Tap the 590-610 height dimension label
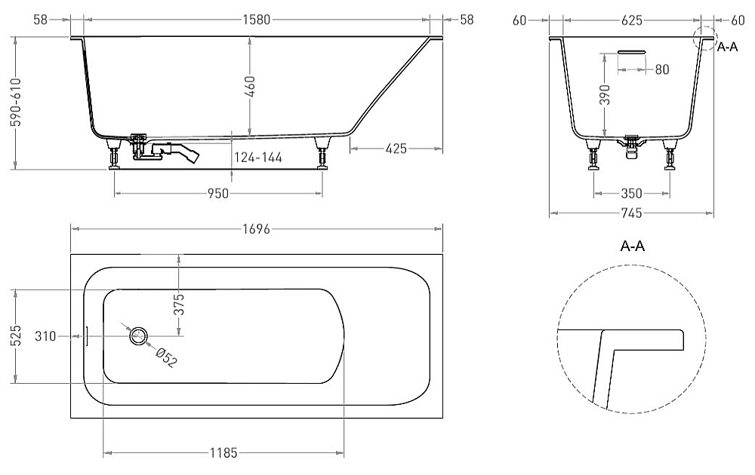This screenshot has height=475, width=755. pos(17,102)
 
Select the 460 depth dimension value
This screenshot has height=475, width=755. pos(250,86)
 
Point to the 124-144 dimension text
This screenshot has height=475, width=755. pos(258,158)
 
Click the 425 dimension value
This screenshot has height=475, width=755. pos(396,149)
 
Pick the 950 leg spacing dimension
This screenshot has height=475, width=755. pos(217,193)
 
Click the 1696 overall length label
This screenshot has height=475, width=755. pos(257,229)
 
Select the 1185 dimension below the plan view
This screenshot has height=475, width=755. pos(223,452)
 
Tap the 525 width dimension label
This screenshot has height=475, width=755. pos(16,336)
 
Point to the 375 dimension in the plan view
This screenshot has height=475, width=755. pos(179,304)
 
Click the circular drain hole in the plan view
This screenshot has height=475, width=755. pos(138,335)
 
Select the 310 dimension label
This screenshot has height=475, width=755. pos(45,336)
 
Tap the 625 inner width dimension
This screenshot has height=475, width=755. pos(632,20)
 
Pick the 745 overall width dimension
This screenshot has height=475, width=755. pos(631,213)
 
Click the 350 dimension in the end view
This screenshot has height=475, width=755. pos(631,193)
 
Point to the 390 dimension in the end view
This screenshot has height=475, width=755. pos(606,94)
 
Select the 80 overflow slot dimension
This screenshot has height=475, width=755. pos(662,69)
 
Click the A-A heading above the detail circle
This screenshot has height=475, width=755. pos(632,246)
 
